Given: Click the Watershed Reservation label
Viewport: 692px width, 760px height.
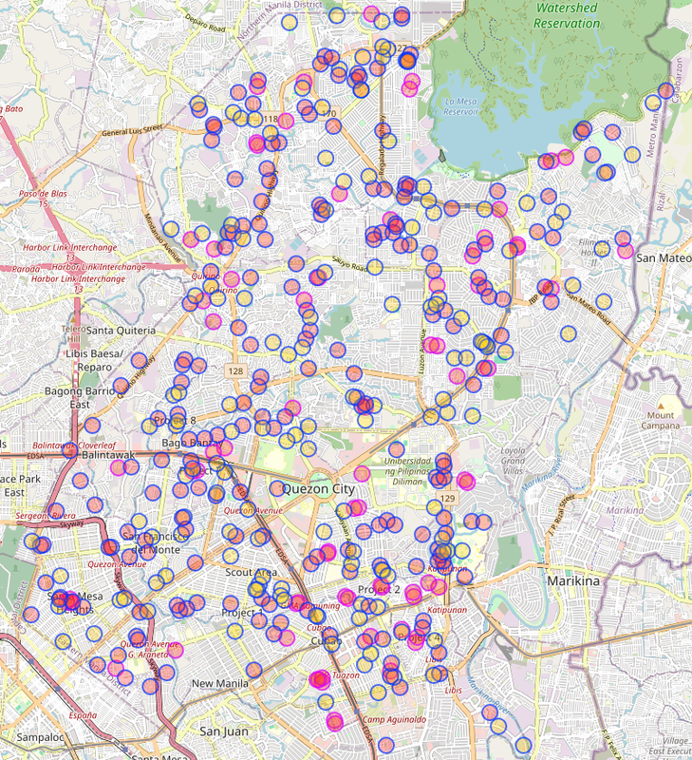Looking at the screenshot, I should point(567,15).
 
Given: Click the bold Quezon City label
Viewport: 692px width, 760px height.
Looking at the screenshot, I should point(318,489).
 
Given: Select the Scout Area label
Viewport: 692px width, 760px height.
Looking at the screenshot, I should point(252,573).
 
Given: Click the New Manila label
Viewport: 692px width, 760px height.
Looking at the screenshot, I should point(219,684).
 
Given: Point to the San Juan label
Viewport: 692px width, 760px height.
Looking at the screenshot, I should point(222,731).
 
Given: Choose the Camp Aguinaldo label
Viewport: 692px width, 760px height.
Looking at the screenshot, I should point(394,719).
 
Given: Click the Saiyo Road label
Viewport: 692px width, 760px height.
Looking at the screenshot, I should point(348,267).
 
